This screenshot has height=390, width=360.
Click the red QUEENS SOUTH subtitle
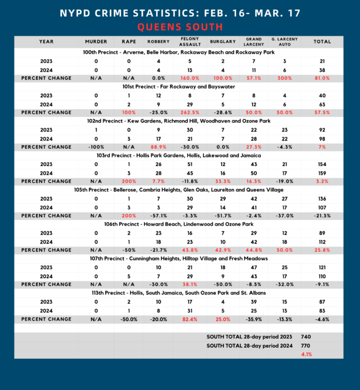(x=180, y=27)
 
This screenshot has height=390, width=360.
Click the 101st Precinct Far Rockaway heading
(x=180, y=86)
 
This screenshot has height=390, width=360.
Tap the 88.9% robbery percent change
(x=158, y=147)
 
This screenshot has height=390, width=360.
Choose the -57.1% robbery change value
(x=158, y=216)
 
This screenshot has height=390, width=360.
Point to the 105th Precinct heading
(x=180, y=189)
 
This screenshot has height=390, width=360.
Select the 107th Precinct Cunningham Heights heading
(x=180, y=259)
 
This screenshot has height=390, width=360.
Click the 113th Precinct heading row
(x=180, y=292)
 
